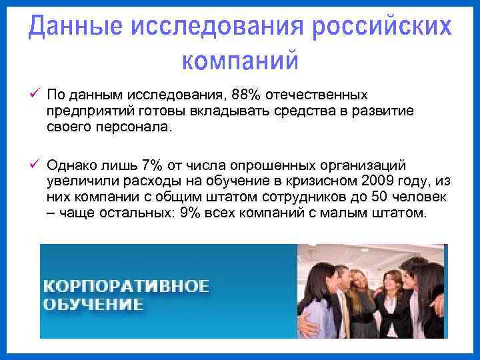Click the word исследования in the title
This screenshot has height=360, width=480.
[x=218, y=27]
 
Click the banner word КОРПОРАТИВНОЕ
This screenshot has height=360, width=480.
[x=126, y=287]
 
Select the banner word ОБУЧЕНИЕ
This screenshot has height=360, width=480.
[x=93, y=305]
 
